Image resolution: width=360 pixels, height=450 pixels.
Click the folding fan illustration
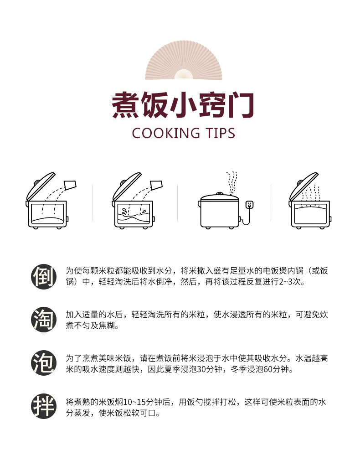(x=183, y=63)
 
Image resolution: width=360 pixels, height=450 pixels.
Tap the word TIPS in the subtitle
(x=220, y=133)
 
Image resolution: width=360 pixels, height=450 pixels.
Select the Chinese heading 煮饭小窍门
(x=183, y=105)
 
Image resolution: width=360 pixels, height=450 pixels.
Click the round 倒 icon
(x=44, y=276)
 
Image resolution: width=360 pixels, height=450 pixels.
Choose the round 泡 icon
(x=44, y=363)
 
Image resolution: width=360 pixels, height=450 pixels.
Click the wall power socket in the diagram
(x=250, y=205)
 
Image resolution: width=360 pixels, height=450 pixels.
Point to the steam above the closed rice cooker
(x=231, y=182)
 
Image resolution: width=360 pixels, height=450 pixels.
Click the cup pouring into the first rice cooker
(x=71, y=185)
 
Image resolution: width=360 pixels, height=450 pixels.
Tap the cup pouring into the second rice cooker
(x=156, y=185)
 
